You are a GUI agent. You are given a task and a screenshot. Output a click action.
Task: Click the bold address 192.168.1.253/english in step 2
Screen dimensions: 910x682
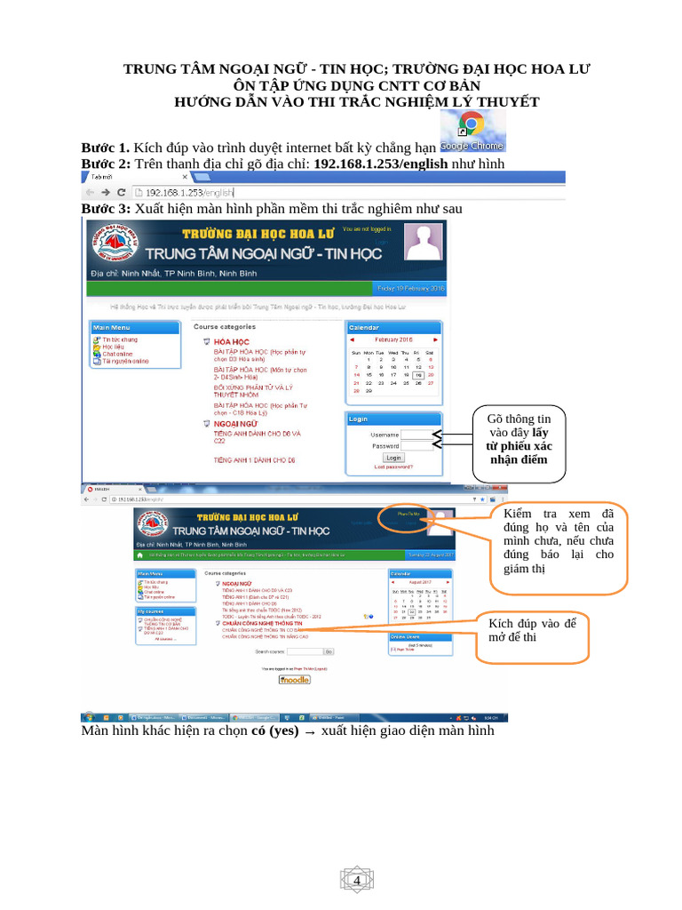coord(383,164)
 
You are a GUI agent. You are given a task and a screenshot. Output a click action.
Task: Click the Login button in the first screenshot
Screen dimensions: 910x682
coord(393,457)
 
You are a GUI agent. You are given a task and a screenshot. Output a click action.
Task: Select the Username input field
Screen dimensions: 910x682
coord(416,435)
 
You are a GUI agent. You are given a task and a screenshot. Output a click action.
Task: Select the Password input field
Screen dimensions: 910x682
coord(416,446)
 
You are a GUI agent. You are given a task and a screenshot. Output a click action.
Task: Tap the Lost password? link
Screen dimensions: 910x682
coord(393,467)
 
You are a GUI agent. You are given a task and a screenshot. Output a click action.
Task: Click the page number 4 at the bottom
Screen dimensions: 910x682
coord(358,880)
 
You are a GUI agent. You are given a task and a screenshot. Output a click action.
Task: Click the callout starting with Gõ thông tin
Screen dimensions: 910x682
coord(519,441)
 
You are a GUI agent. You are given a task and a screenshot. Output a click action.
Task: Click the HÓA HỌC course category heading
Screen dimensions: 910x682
coord(232,341)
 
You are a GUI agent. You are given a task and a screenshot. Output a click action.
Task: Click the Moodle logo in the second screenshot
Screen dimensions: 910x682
coord(294,680)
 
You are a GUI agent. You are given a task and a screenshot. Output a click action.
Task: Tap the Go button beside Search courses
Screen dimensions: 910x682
coord(328,651)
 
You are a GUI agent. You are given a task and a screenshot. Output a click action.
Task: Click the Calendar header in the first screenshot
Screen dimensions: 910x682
coord(393,327)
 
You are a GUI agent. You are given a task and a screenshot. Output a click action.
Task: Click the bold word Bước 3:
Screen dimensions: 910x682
coord(106,209)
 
